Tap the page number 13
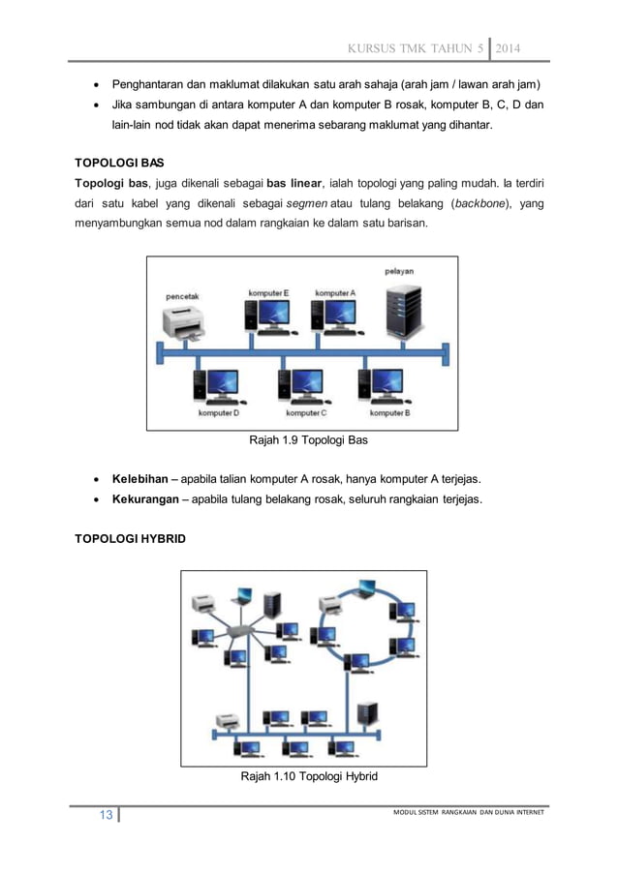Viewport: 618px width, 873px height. click(102, 815)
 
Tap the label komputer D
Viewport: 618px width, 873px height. click(219, 413)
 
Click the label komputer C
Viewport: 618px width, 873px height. click(303, 413)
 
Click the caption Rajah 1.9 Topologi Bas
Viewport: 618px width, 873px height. click(309, 441)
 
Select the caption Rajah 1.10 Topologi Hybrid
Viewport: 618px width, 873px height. click(309, 777)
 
